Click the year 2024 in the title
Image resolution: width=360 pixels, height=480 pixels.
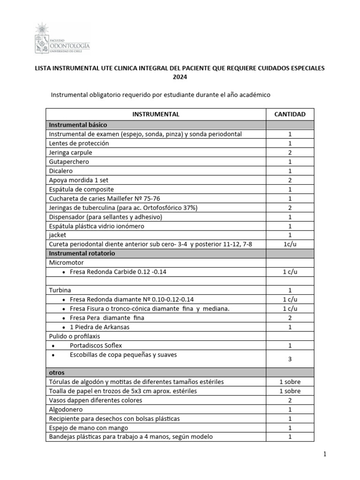tap(180, 77)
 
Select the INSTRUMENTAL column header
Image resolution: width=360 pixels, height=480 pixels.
tap(156, 114)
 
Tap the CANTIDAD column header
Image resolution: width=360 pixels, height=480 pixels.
tap(290, 114)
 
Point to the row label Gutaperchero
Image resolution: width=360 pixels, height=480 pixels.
tap(69, 162)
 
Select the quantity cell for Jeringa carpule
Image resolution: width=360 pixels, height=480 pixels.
tap(290, 153)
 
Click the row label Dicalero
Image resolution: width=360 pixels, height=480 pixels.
tap(61, 171)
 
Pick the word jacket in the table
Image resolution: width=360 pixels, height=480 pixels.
tap(58, 235)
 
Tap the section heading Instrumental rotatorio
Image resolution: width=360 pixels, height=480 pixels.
tap(82, 253)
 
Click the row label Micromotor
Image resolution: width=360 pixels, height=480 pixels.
tap(66, 262)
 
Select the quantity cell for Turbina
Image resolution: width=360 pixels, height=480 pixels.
tap(290, 290)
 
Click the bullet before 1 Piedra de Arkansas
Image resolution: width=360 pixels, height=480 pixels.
tap(63, 327)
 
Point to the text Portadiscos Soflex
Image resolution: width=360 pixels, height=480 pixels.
tap(96, 345)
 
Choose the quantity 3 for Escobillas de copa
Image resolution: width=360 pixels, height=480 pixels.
tap(290, 359)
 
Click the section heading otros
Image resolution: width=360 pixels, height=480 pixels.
tap(57, 373)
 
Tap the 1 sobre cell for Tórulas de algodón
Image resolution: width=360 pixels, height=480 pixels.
tap(290, 382)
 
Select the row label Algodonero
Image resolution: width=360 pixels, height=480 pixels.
tap(67, 409)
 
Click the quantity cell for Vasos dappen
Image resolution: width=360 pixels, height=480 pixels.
tap(290, 400)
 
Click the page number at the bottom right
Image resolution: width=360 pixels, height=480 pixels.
tap(323, 454)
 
